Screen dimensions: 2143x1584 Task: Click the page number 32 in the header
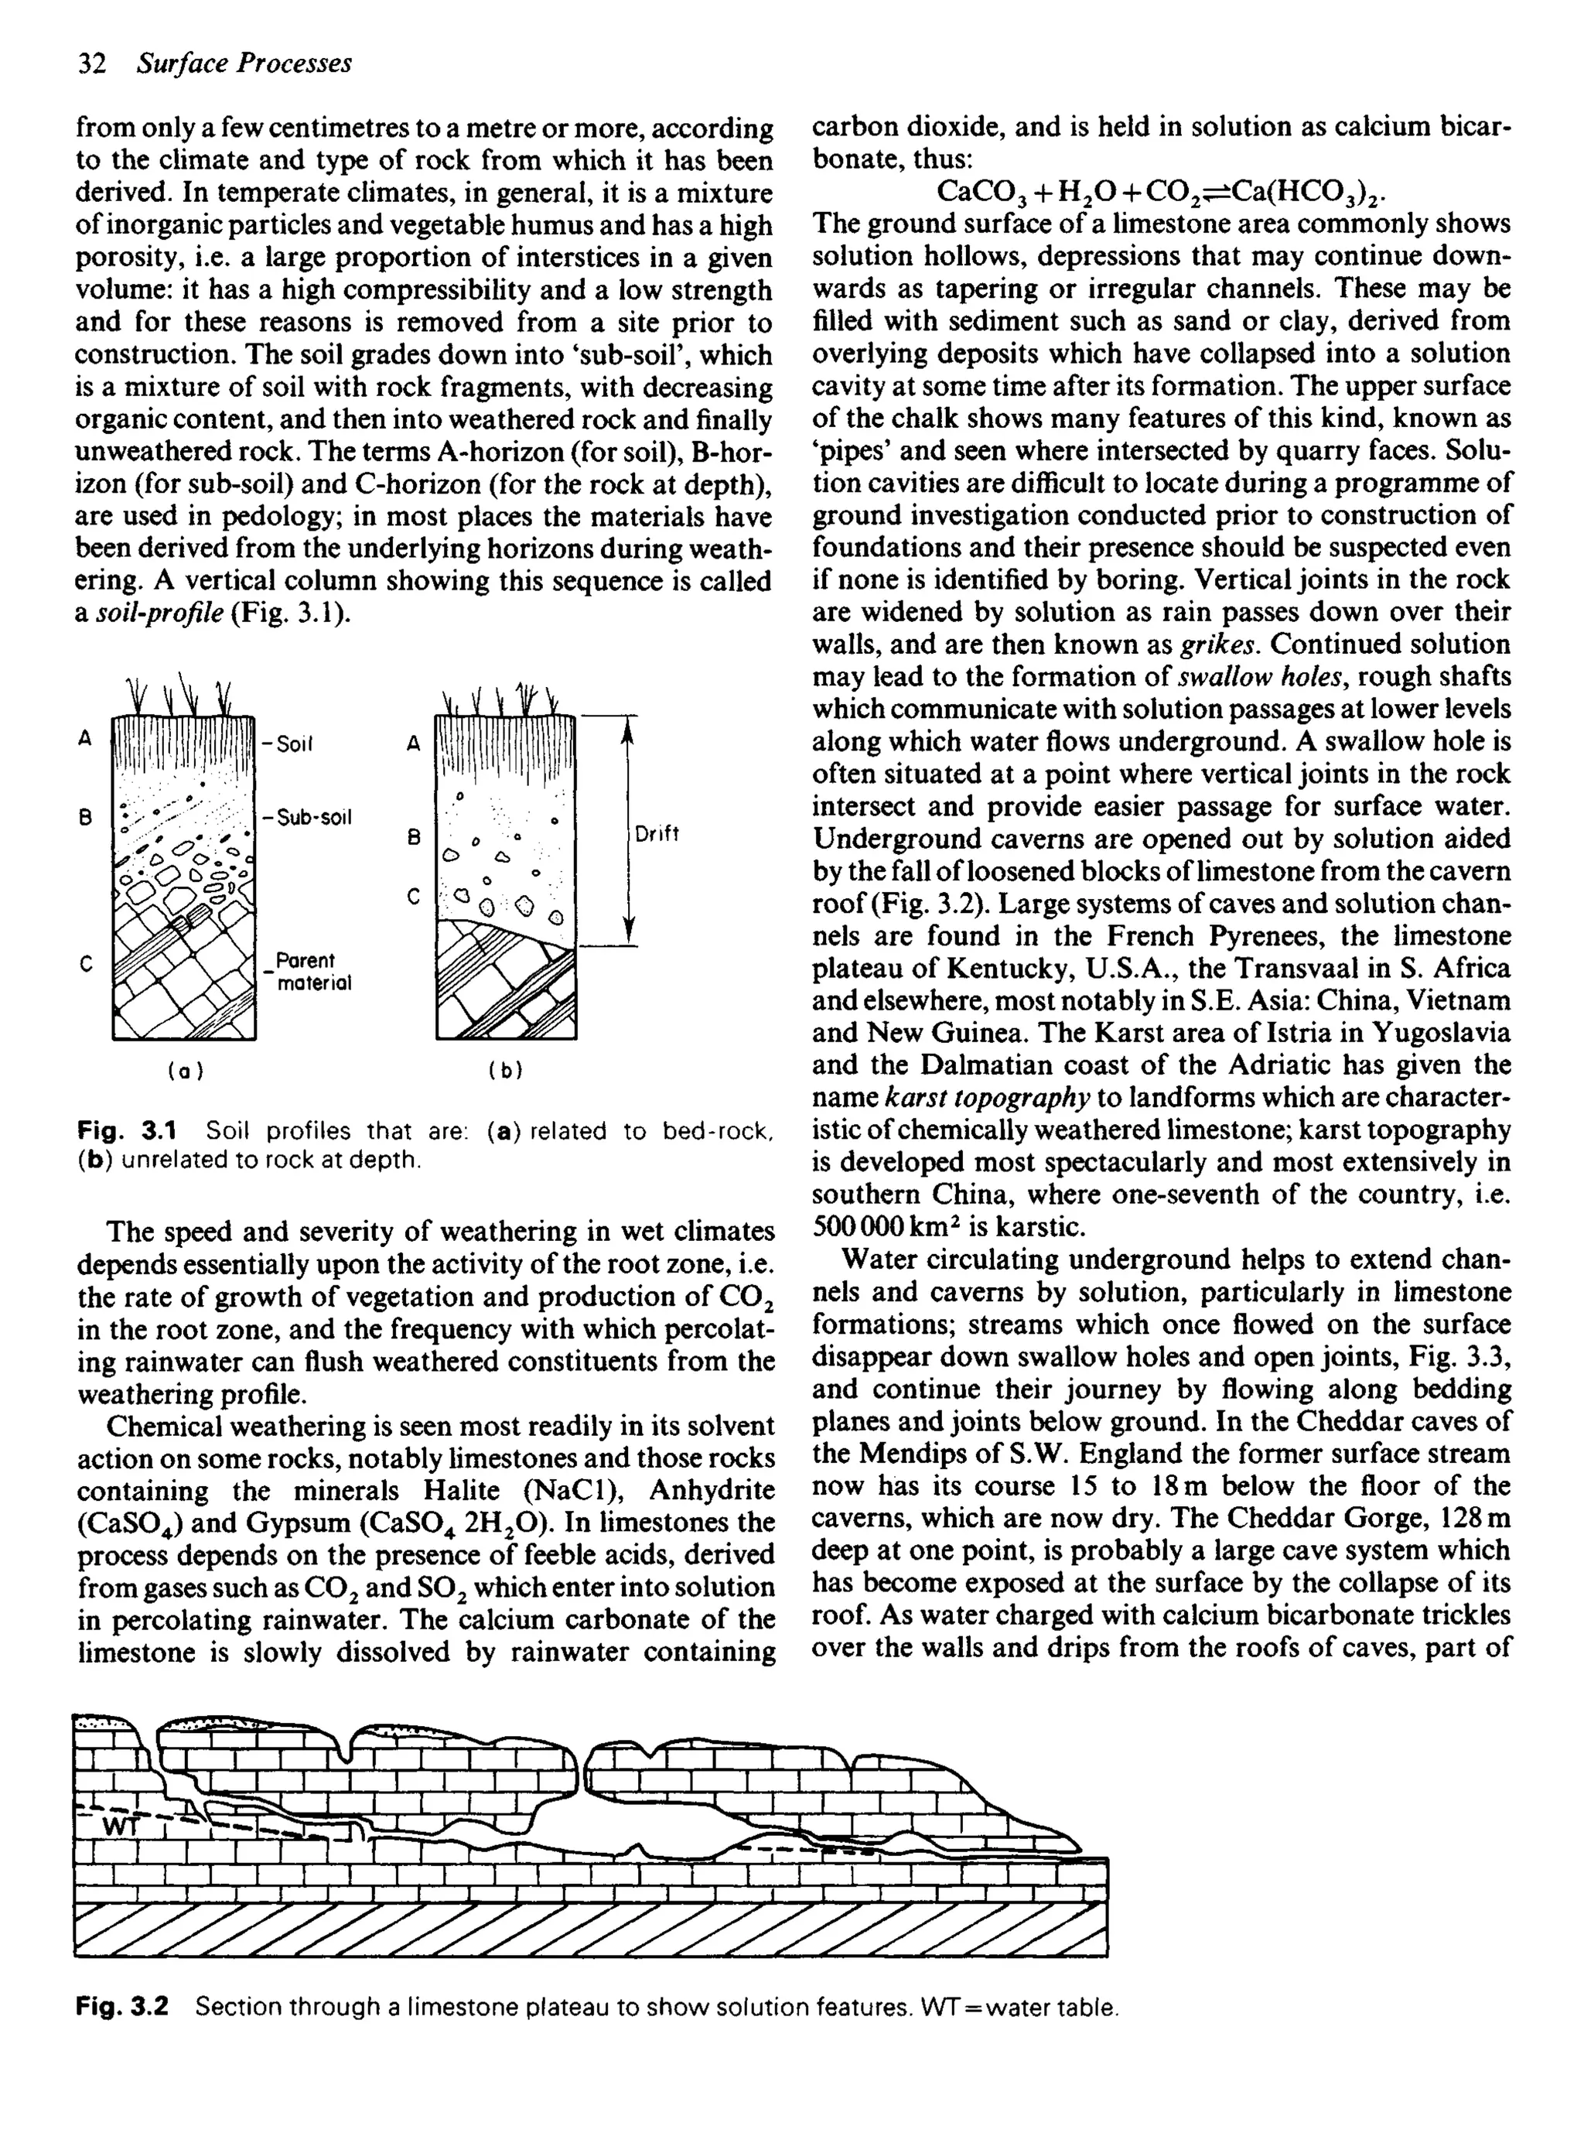[91, 63]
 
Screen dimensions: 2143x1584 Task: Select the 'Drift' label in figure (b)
[657, 834]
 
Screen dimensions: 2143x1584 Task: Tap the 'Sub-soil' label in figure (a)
[308, 817]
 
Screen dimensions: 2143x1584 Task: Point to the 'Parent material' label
[312, 971]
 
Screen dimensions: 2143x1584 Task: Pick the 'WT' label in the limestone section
[121, 1826]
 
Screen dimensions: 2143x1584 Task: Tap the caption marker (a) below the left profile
[184, 1070]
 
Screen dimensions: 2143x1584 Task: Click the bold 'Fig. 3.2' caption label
[121, 2007]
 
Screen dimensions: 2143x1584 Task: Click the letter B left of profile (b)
[415, 837]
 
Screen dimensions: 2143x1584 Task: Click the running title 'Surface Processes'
[244, 63]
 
